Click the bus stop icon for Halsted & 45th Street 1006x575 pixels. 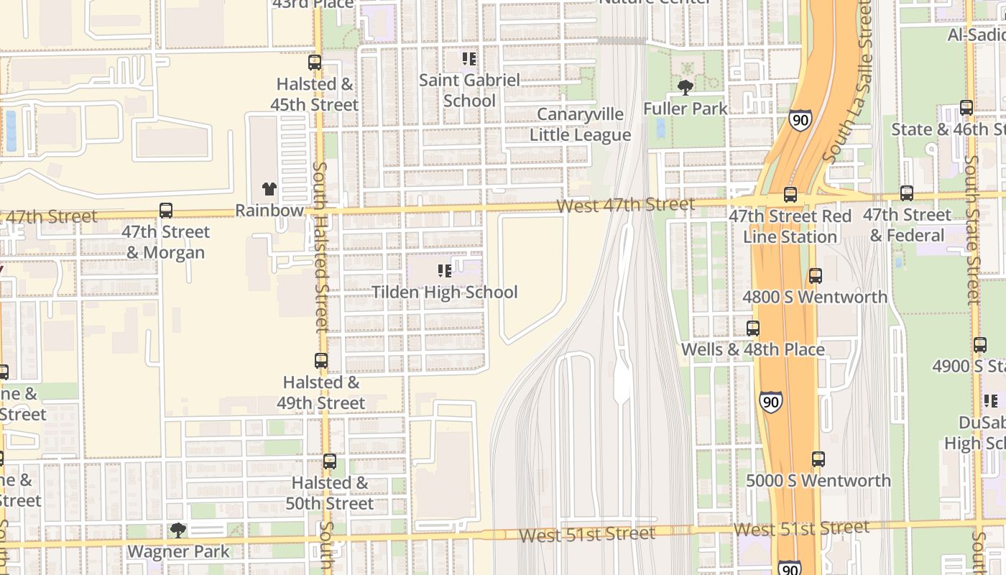point(315,63)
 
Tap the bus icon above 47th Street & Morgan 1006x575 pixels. point(166,211)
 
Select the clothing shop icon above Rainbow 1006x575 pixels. point(269,189)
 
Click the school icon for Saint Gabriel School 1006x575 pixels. point(469,58)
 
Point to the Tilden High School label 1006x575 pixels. point(444,292)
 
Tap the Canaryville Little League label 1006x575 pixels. point(580,124)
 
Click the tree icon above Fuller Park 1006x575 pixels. point(686,88)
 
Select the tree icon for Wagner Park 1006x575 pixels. point(177,530)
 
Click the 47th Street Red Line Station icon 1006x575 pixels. point(790,194)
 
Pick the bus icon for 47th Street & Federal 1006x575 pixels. point(907,193)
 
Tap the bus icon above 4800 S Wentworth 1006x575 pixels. point(815,276)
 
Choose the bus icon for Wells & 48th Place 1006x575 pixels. point(752,328)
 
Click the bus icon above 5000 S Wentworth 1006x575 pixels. point(818,459)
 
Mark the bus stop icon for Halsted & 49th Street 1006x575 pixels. point(321,361)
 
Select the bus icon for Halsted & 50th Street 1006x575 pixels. point(330,461)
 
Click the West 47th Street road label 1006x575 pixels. point(626,206)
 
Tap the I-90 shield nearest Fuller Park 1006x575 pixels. point(800,119)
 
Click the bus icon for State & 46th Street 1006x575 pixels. point(966,108)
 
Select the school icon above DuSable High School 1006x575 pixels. point(991,401)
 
